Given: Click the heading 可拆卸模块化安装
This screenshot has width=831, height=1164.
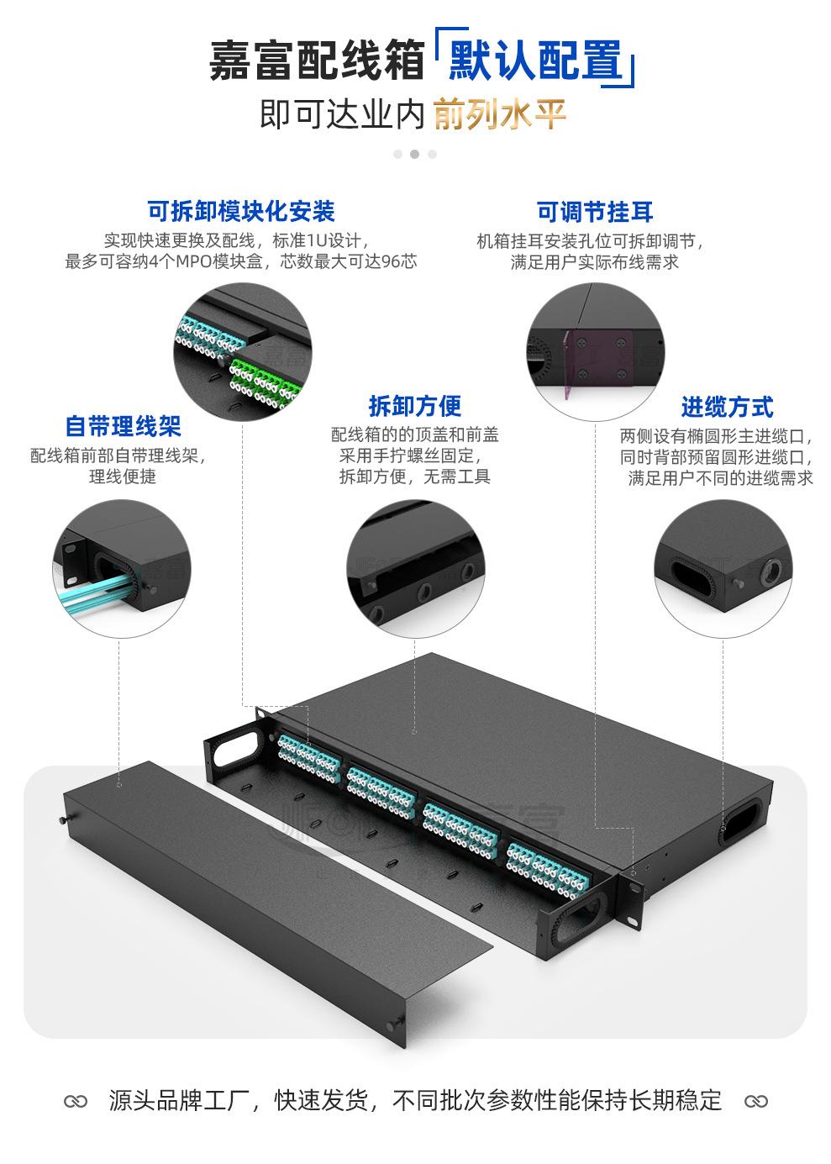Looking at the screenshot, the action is point(241,210).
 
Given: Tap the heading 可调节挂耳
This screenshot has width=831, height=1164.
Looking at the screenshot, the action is point(595,212).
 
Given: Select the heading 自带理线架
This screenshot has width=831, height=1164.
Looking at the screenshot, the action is point(124,426).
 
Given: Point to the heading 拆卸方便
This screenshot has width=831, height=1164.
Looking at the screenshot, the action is point(415,406).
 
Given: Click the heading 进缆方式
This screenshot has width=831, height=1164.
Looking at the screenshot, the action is point(727,408).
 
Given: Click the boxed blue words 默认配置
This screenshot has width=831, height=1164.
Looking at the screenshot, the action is point(535,61).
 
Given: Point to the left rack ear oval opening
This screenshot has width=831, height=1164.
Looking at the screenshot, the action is point(236,743).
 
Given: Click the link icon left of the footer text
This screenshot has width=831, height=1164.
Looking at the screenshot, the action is point(76,1100).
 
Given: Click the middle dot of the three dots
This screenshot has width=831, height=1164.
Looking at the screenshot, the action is point(415,154).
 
